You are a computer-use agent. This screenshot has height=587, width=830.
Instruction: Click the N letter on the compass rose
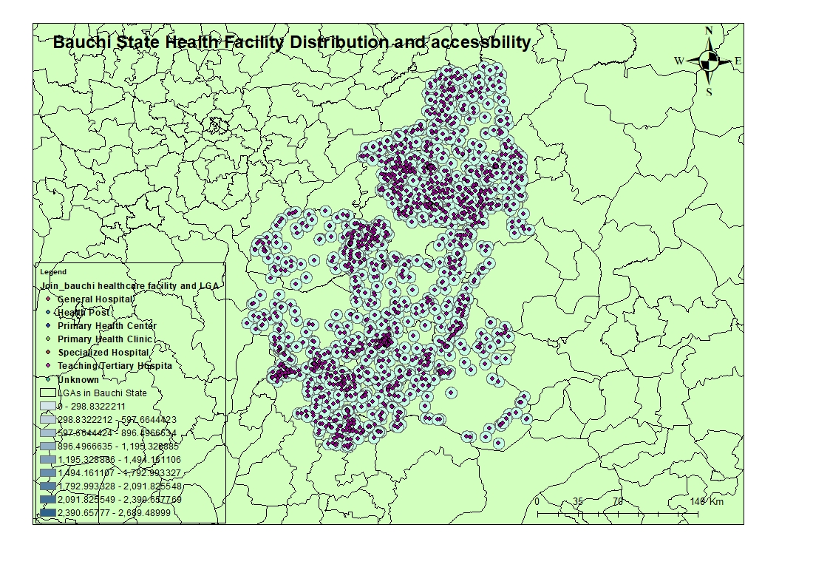709,31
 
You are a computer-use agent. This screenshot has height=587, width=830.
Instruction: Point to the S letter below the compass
709,92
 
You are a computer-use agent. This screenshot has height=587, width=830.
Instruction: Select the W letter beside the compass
678,61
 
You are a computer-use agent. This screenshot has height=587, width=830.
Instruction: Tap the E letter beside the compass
737,61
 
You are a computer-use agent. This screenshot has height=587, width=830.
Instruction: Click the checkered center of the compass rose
709,61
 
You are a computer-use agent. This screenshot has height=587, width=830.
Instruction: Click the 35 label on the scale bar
577,502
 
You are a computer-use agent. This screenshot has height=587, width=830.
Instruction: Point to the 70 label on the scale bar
618,502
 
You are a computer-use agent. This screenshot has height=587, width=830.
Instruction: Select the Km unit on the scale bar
716,502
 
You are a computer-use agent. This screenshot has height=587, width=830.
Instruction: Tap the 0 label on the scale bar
537,502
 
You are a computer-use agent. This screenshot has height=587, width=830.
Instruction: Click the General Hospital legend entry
95,299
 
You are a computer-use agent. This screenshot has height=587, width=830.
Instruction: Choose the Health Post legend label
84,313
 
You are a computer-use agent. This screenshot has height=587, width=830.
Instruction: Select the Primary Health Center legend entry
107,326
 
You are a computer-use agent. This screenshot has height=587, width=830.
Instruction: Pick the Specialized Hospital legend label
103,353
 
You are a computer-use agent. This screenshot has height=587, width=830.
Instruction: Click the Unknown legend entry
78,379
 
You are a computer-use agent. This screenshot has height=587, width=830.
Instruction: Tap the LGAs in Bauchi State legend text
103,393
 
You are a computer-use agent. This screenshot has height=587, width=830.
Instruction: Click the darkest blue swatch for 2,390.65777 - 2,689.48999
48,513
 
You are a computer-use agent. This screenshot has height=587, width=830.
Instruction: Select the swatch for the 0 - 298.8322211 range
48,407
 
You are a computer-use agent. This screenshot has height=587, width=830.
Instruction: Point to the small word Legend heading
53,272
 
